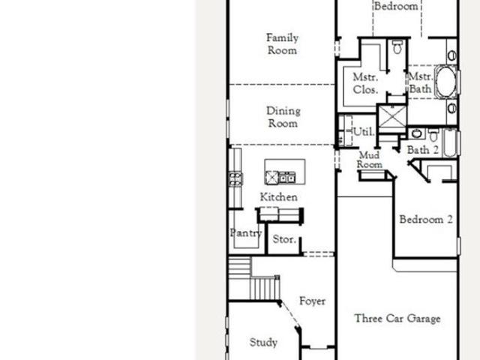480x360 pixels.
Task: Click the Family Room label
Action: coord(282,44)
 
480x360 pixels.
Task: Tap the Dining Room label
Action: coord(283,117)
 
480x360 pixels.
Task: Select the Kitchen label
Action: coord(278,196)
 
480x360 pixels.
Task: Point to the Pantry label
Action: coord(246,233)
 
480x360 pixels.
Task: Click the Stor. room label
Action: coord(284,239)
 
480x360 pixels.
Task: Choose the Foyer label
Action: coord(312,301)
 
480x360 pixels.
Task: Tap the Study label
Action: coord(263,342)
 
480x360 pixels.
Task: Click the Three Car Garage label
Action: coord(397,318)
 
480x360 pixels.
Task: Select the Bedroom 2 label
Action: coord(426,219)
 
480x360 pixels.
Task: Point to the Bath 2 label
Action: coord(423,150)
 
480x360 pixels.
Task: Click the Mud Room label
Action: coord(370,160)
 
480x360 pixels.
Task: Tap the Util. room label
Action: coord(364,132)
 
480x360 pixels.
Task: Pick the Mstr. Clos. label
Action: coord(365,83)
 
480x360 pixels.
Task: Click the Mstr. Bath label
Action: coord(421,82)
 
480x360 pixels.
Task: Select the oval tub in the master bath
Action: coord(445,82)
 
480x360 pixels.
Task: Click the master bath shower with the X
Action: coord(392,116)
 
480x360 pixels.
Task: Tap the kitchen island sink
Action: coord(286,178)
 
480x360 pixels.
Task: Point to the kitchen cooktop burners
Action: coord(235,179)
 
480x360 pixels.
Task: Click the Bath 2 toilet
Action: coord(433,135)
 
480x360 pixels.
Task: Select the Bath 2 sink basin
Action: coord(416,133)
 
